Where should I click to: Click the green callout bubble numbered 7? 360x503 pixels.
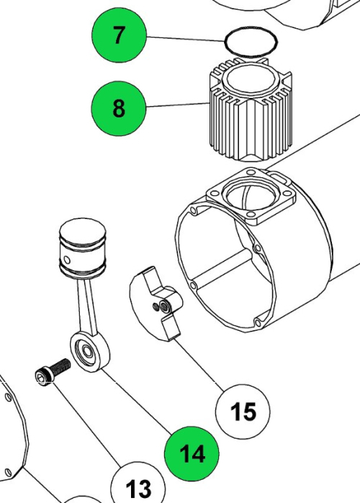tap(118, 35)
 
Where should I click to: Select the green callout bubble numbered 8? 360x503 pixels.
tap(118, 109)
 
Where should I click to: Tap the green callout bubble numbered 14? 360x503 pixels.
tap(192, 453)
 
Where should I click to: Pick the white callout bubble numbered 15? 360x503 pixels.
tap(243, 411)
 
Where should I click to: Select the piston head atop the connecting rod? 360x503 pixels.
tap(81, 245)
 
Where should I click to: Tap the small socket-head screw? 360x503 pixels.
tap(52, 373)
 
